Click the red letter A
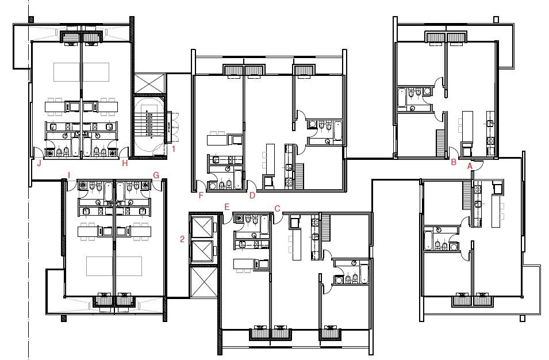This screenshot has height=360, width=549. [470, 166]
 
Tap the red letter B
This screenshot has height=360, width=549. [454, 162]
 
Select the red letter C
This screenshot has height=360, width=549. [277, 209]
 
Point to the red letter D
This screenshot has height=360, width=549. [252, 196]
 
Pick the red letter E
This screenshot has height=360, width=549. [227, 207]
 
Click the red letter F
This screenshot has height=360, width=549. [201, 196]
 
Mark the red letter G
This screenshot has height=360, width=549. [156, 175]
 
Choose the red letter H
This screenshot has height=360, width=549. [125, 163]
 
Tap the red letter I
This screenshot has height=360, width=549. [69, 175]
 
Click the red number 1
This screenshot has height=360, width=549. [173, 148]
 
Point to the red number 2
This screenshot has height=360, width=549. [182, 240]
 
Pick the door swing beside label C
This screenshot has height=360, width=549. [278, 219]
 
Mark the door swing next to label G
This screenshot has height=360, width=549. [157, 185]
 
